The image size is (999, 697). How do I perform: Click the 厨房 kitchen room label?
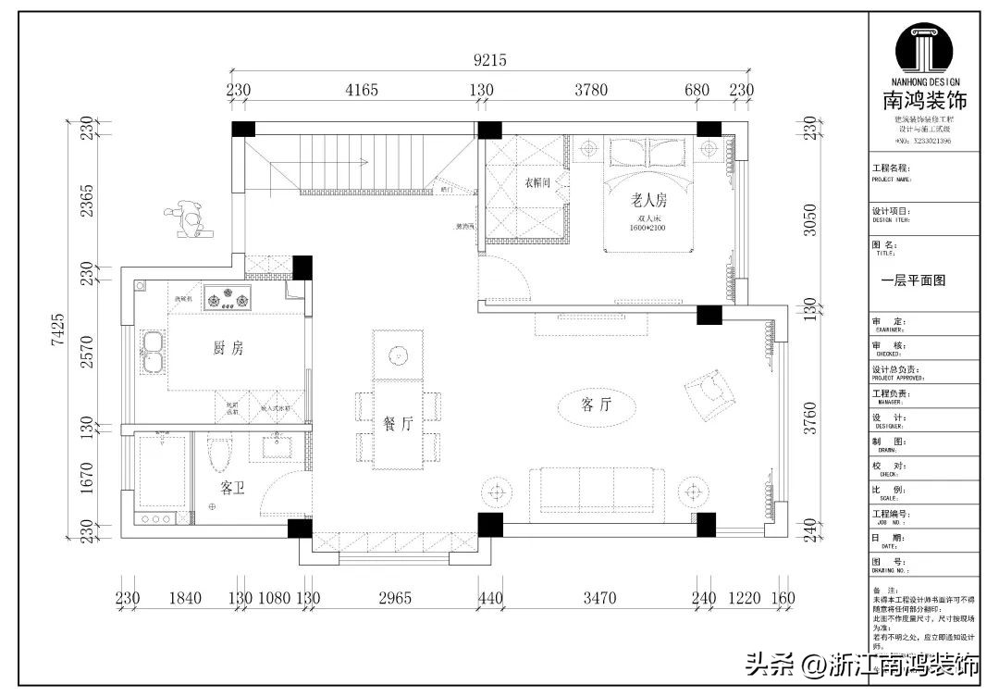(228, 349)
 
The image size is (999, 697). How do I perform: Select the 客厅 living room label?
(597, 405)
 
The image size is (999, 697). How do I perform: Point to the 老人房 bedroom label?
(649, 199)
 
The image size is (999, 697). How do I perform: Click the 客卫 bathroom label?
(233, 486)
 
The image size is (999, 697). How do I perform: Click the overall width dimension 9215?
(489, 60)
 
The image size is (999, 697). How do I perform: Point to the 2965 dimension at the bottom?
(395, 598)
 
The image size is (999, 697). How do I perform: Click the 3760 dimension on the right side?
(810, 420)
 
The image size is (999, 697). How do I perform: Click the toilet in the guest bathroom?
(219, 455)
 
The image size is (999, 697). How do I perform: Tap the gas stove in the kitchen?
(228, 298)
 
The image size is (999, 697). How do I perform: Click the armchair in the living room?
(709, 392)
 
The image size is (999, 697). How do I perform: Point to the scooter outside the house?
(190, 218)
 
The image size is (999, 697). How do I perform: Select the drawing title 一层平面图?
(913, 280)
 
